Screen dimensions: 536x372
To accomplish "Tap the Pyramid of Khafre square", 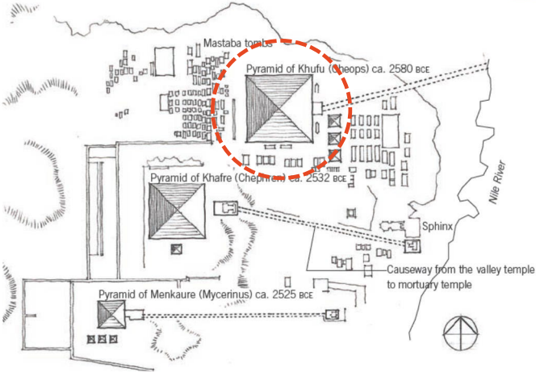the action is (x=177, y=211).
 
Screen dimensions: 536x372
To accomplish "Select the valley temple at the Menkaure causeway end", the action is (x=330, y=315).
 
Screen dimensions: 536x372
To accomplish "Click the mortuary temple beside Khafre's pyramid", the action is (x=224, y=209).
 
